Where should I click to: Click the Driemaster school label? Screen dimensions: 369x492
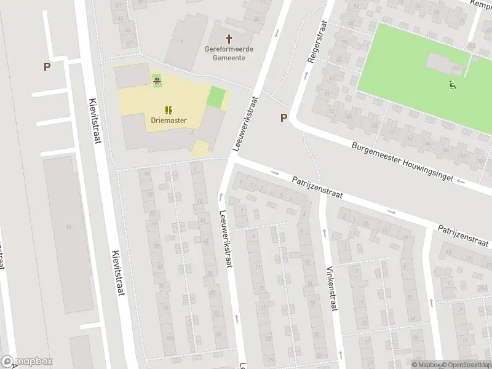tap(169, 121)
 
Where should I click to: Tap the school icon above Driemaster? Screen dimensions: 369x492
tap(169, 109)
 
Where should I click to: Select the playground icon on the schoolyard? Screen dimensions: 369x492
tap(157, 79)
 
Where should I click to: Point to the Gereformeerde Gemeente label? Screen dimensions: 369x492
tap(229, 53)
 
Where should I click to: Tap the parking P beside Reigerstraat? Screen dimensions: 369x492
tap(284, 117)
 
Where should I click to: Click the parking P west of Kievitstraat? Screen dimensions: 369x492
tap(47, 66)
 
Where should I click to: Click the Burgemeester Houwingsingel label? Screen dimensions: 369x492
tap(402, 162)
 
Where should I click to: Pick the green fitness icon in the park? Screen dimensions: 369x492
tap(453, 85)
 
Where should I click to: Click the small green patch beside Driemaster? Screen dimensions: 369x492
tap(216, 97)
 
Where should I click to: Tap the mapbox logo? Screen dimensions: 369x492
tap(27, 362)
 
